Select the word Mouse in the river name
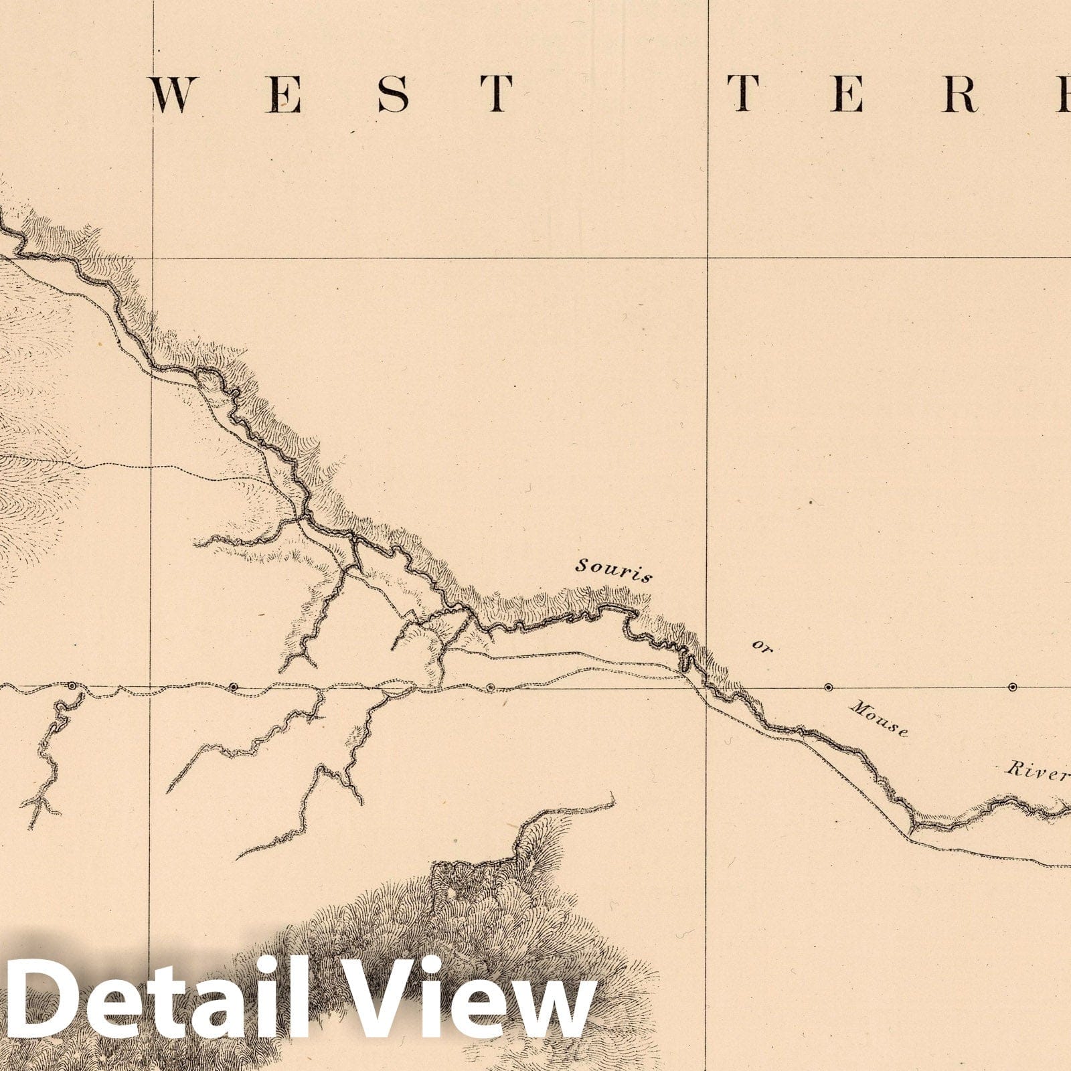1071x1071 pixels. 879,718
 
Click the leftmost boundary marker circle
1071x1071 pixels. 72,685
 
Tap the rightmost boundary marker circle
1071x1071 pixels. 1012,687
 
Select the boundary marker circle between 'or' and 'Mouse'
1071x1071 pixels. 829,687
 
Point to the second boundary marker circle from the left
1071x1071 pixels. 234,686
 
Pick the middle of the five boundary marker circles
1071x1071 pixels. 490,687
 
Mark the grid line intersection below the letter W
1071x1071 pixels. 153,257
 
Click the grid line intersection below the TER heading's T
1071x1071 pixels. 709,257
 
